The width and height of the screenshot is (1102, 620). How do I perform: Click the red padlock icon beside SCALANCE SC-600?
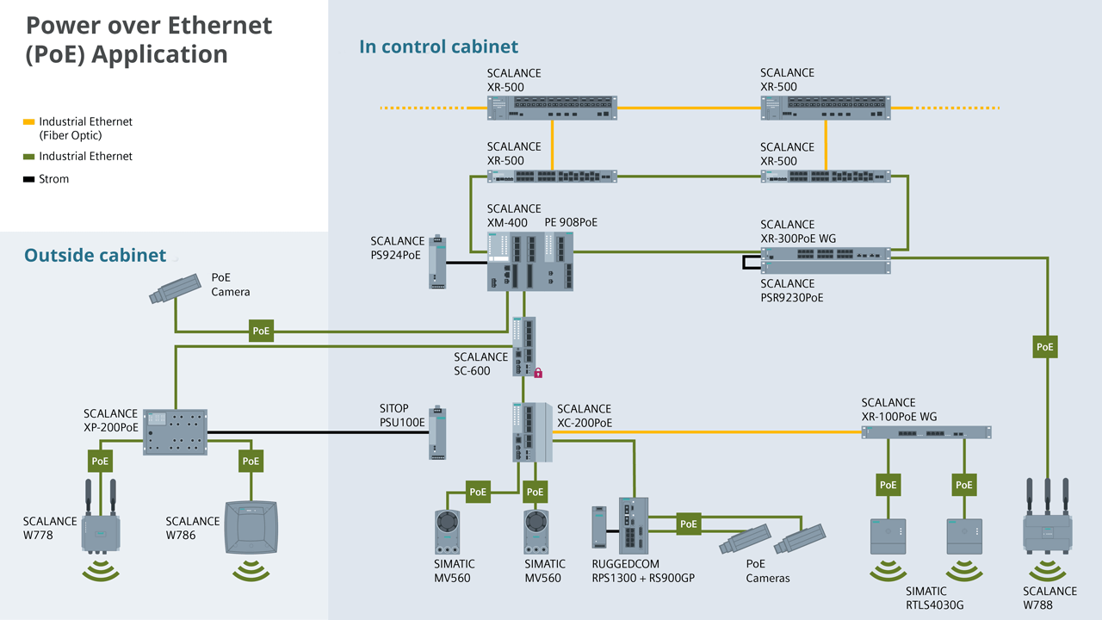coord(538,373)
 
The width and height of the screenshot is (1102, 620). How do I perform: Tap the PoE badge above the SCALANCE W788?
coord(1044,347)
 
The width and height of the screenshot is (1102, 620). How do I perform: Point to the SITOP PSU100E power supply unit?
coord(438,433)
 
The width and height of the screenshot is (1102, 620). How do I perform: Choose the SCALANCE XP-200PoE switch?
coord(176,431)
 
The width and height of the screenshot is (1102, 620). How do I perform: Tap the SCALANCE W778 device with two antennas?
coord(101,530)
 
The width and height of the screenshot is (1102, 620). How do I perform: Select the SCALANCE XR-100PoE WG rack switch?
coord(926,431)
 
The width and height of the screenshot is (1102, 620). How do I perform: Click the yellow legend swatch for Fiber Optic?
coord(29,122)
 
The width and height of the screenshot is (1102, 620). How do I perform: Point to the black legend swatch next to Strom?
coord(29,179)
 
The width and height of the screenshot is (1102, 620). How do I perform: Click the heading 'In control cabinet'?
coord(438,46)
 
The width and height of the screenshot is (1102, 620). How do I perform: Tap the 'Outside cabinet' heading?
coord(95,255)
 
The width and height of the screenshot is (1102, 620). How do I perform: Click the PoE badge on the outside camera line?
coord(261,331)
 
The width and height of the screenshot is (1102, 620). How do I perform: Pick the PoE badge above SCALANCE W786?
coord(251,461)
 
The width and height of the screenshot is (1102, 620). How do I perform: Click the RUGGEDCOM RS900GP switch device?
coord(633,525)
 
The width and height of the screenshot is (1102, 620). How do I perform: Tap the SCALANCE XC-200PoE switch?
coord(529,431)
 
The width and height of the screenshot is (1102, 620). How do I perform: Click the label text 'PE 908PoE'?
coord(571,222)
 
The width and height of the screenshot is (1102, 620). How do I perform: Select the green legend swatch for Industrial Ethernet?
coord(29,157)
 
